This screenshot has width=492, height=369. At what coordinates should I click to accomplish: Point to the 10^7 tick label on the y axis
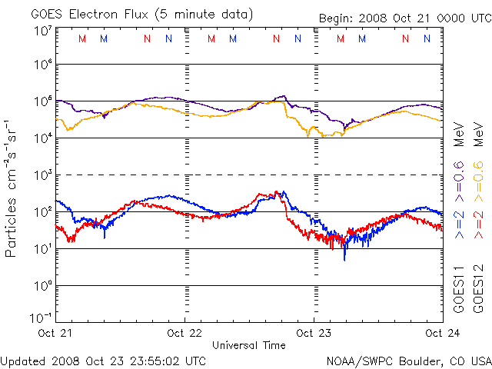coord(42,31)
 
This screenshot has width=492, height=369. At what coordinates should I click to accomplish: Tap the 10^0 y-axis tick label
coord(42,286)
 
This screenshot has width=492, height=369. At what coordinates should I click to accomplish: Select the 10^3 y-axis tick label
coord(42,175)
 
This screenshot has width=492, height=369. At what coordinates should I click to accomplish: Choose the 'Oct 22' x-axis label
coord(185,333)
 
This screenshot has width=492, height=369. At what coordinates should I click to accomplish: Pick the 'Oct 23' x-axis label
coord(314,333)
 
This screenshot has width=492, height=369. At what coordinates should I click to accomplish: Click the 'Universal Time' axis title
coord(249,345)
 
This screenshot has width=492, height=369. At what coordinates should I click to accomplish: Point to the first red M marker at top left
coord(82,38)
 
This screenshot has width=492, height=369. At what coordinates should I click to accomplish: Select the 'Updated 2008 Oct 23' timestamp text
coord(104,360)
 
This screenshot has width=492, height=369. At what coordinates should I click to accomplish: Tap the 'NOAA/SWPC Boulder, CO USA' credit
coord(408,360)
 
